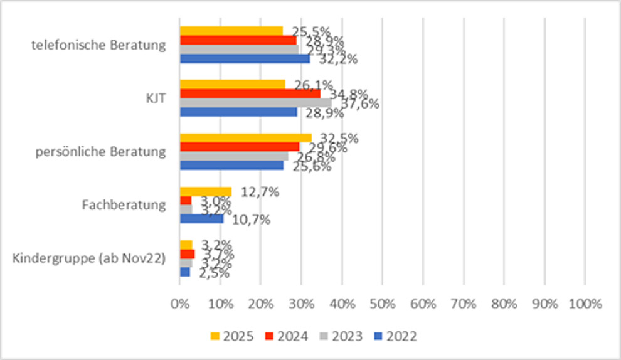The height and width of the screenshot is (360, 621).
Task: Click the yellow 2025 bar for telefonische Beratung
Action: (x=231, y=31)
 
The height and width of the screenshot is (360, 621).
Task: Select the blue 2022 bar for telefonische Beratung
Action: (x=245, y=59)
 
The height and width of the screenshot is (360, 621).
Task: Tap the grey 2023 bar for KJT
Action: (x=255, y=102)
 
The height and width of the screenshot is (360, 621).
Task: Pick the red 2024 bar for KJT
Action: (x=250, y=93)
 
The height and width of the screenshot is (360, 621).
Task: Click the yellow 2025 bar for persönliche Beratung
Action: (x=245, y=138)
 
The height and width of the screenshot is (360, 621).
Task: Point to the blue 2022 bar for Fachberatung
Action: (x=201, y=219)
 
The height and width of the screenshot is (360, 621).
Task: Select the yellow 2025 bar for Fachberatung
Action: (x=206, y=191)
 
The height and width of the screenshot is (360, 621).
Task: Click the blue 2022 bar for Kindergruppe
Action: (x=184, y=272)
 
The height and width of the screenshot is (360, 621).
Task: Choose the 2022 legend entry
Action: (x=395, y=336)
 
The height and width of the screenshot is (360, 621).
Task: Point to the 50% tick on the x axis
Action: (x=382, y=304)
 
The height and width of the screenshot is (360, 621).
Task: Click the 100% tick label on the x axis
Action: (x=585, y=304)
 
